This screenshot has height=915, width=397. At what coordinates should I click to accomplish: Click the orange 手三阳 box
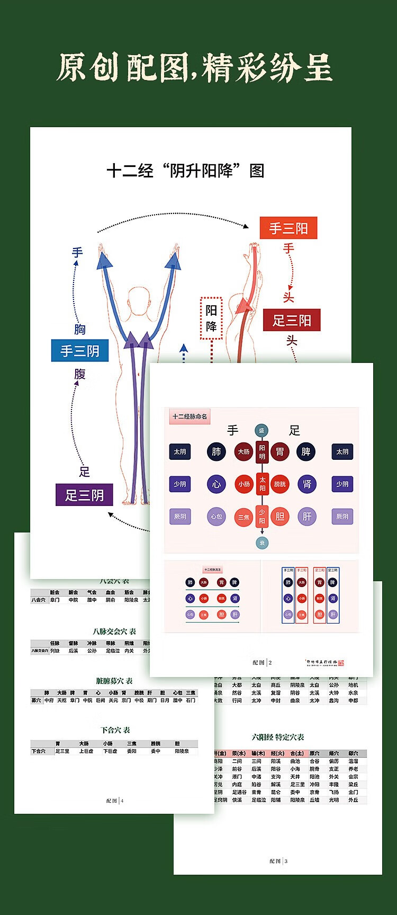pos(288,228)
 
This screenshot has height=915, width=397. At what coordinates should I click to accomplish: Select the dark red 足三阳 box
pos(292,320)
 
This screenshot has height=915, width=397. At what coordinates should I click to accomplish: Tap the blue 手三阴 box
pos(80,351)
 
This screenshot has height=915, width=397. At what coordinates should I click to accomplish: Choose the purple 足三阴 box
pos(84,495)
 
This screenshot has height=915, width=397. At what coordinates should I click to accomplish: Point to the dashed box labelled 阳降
pos(211,318)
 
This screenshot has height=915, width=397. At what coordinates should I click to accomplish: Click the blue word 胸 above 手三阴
pos(80,329)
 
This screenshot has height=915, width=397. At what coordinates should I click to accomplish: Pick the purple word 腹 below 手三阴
pos(80,374)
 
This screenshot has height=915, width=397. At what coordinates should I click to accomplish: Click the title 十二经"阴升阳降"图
pos(185,171)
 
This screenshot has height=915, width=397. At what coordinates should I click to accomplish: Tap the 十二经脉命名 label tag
pos(190,416)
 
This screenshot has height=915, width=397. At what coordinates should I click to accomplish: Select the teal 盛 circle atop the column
pos(261,430)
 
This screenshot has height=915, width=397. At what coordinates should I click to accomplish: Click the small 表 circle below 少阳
pos(261,543)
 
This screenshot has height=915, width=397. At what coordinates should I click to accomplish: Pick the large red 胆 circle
pos(280,516)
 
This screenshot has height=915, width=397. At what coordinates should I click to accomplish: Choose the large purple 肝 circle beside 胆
pos(307,516)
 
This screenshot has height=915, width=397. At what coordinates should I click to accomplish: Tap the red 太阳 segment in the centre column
pos(262,484)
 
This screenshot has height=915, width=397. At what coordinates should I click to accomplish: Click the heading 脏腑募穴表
pos(114,681)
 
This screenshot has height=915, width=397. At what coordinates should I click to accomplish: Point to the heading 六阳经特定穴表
pos(278,737)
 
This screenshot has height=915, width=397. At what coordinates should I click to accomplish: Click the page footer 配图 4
pos(115,801)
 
